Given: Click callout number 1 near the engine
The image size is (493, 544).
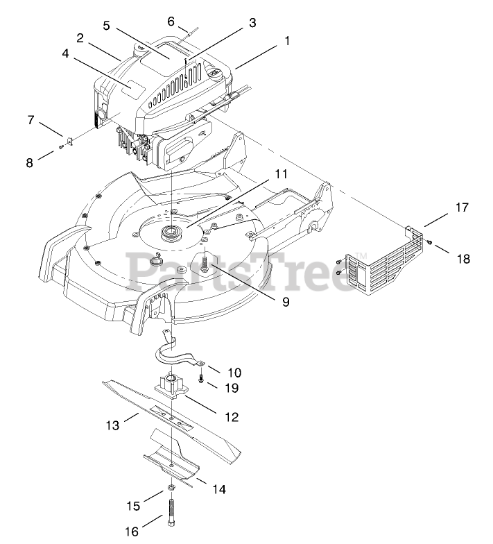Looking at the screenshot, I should pos(286,41).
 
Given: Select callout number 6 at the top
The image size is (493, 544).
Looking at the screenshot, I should pos(171,22).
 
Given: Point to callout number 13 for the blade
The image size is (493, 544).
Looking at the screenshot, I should pos(112,423).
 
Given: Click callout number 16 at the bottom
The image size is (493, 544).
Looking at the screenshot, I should pos(131,531).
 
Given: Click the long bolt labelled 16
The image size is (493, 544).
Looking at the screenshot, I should pos(171,514).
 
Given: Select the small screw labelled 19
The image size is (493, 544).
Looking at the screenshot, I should pos(201,380).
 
